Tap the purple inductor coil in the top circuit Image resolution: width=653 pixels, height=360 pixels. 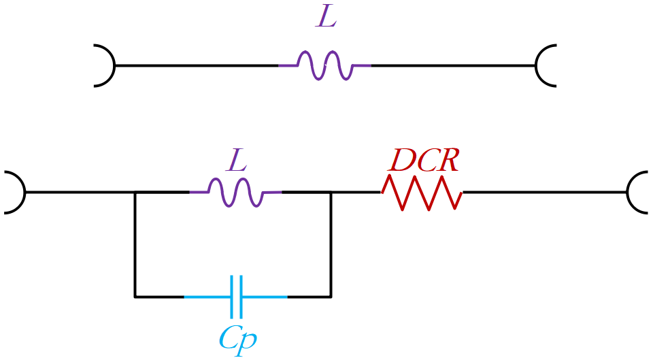click(x=325, y=65)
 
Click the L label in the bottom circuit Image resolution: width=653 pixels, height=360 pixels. click(x=237, y=161)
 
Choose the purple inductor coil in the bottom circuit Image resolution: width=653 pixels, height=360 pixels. click(x=236, y=192)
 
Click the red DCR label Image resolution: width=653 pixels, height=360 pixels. click(x=424, y=161)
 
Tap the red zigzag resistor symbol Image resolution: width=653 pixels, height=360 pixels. click(x=422, y=193)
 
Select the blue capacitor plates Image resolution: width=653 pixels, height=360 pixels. click(x=236, y=297)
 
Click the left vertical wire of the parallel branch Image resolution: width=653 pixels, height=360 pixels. click(x=135, y=244)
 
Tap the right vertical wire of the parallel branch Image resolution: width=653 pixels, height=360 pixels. click(x=331, y=244)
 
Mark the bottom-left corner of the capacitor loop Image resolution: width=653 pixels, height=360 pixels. click(x=135, y=297)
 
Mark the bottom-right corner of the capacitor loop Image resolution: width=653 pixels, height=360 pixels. click(x=331, y=297)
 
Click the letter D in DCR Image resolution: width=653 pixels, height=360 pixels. click(x=399, y=161)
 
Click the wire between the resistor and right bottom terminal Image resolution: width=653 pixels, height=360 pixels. click(x=545, y=192)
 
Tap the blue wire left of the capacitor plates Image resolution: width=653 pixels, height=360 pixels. click(x=207, y=297)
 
